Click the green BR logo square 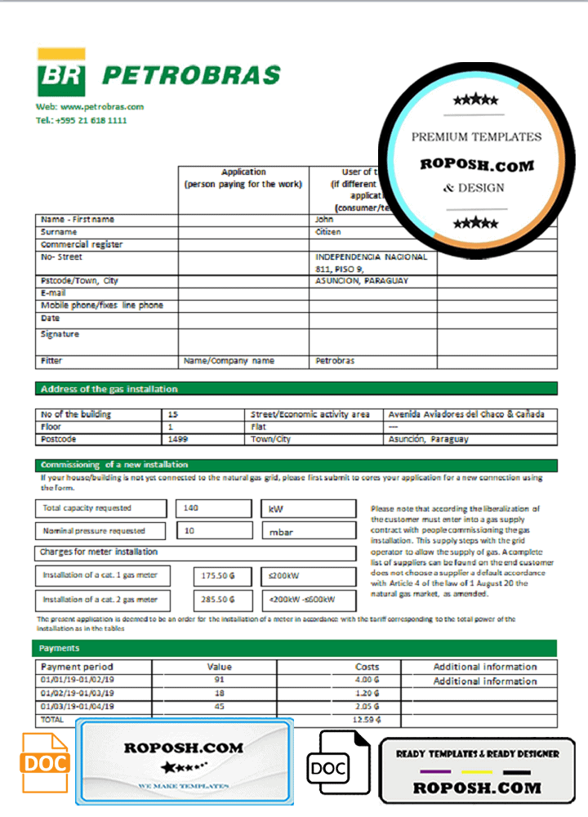click(60, 75)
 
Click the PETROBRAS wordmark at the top click(190, 76)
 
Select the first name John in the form click(324, 219)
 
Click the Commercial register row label click(82, 244)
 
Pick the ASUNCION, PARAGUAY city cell click(361, 280)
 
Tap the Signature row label click(60, 334)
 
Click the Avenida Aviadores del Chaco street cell click(466, 414)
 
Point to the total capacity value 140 click(191, 508)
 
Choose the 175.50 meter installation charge click(218, 575)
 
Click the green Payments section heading click(60, 648)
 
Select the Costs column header click(367, 667)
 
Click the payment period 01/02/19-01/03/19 click(78, 693)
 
